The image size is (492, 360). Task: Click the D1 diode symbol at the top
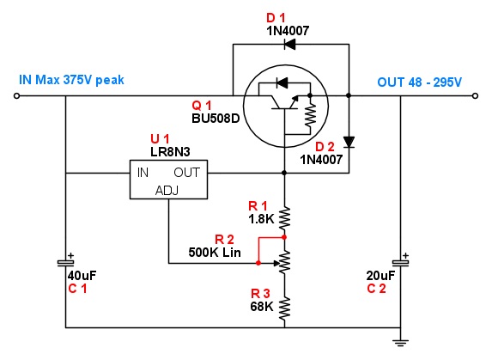tap(289, 44)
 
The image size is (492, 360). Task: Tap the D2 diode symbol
tap(349, 142)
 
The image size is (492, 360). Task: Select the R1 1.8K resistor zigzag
tap(284, 218)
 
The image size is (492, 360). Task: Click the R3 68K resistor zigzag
tap(284, 309)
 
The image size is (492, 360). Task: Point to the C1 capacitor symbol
tap(65, 263)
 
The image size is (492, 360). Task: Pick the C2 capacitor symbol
tap(401, 262)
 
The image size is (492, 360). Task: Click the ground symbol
tap(400, 342)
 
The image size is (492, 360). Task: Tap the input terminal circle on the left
tap(16, 95)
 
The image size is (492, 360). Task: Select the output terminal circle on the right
tap(475, 95)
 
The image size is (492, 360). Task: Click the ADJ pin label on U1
tap(167, 191)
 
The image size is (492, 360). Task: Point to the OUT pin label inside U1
tap(186, 173)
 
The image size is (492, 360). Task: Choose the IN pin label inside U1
tap(143, 173)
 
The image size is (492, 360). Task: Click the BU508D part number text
tap(216, 119)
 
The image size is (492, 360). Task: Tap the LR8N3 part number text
tap(170, 152)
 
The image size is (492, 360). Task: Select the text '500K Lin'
tap(215, 253)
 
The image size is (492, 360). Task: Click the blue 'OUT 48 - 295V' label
tap(420, 82)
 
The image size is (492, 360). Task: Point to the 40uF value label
tap(82, 276)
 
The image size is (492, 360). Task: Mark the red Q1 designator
tap(202, 106)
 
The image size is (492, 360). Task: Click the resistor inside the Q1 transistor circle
tap(310, 115)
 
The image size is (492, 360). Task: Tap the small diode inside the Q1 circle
tap(282, 83)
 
